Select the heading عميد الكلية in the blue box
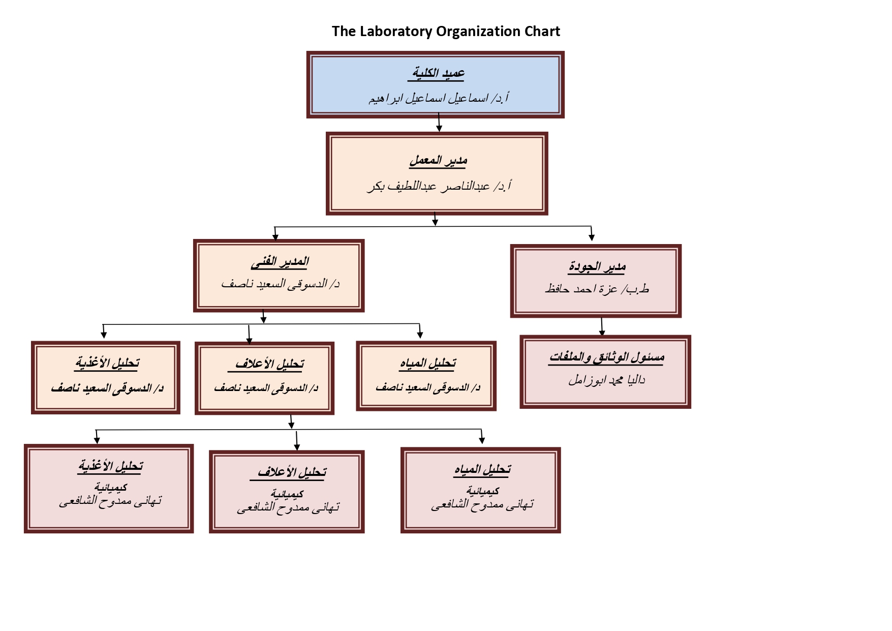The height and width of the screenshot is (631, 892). click(x=437, y=73)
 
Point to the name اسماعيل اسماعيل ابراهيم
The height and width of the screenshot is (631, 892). click(x=438, y=98)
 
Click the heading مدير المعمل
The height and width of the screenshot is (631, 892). click(x=438, y=161)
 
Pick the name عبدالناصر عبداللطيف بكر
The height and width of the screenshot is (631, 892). click(x=439, y=187)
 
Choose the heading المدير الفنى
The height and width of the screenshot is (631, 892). click(x=280, y=261)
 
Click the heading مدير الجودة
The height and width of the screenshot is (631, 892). click(x=597, y=266)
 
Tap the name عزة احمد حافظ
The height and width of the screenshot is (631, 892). click(x=597, y=289)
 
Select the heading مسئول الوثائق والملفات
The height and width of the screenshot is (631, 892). click(x=606, y=357)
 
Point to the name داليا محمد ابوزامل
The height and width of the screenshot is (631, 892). click(x=606, y=380)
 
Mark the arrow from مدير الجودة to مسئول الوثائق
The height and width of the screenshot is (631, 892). click(x=602, y=326)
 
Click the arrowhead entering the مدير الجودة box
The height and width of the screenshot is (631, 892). click(x=592, y=237)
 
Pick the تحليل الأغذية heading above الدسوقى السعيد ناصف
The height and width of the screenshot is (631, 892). click(x=107, y=363)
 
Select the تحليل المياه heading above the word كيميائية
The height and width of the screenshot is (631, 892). click(x=482, y=469)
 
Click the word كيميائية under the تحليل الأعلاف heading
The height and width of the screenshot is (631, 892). click(x=287, y=494)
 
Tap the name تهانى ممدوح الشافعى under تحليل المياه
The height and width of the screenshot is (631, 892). click(x=482, y=505)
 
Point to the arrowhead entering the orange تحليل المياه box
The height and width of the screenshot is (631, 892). click(x=420, y=335)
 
